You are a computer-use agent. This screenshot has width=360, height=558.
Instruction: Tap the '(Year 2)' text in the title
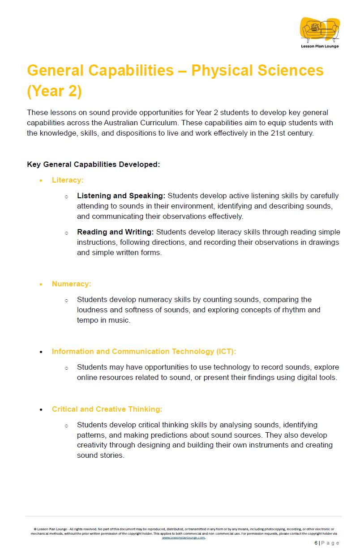(x=54, y=91)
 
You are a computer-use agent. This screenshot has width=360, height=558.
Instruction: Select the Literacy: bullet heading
(x=68, y=180)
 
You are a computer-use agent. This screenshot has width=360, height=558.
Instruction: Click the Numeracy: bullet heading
(x=71, y=284)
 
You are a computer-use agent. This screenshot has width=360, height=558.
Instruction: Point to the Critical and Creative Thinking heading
(x=107, y=409)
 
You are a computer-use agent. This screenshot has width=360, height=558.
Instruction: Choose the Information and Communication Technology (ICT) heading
(x=144, y=351)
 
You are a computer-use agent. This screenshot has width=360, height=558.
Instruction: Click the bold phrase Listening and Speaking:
(x=121, y=196)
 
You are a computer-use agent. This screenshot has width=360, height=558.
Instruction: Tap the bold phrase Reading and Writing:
(x=116, y=232)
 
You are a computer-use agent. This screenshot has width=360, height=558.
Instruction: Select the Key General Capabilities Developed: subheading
(x=94, y=164)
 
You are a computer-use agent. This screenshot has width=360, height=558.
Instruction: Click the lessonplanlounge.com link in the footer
(x=183, y=537)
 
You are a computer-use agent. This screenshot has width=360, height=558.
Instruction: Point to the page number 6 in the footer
(x=316, y=543)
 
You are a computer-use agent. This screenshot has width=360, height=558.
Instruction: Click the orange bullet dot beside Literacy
(x=41, y=181)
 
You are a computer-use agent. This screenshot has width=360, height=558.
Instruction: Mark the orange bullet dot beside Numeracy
(x=41, y=284)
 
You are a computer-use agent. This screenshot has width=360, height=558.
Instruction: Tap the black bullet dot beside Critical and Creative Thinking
(x=41, y=409)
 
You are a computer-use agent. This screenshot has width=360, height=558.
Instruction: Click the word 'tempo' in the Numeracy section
(x=88, y=320)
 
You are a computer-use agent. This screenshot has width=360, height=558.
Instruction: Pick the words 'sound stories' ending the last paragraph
(x=99, y=455)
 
